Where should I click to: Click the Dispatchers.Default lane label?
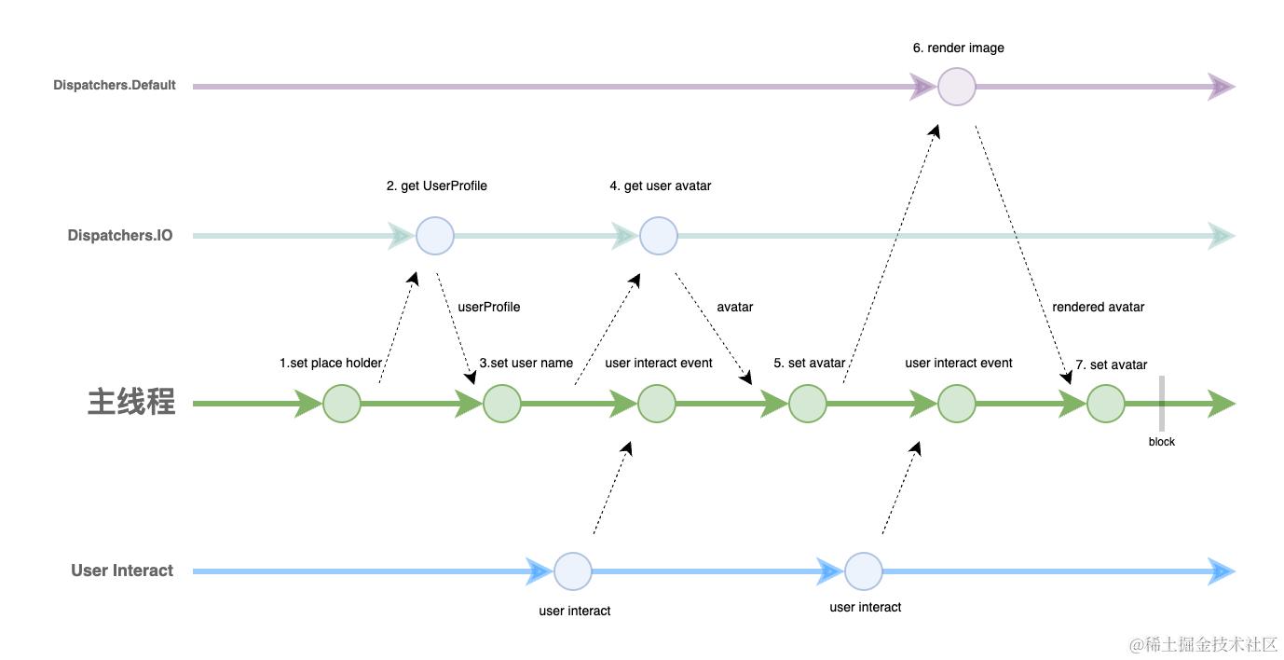115,86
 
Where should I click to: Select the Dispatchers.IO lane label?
120,236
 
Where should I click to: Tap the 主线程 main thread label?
131,402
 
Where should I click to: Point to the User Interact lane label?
122,571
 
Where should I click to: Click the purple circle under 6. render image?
956,87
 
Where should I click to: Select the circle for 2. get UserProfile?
434,236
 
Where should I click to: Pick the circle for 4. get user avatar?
658,236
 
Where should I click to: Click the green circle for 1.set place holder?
342,404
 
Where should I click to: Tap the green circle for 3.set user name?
502,404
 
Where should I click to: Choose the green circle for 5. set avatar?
807,404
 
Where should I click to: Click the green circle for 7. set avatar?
1106,404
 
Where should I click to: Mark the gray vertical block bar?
1162,404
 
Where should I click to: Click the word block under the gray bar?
1161,442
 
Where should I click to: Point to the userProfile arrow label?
489,307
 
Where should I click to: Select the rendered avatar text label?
1098,307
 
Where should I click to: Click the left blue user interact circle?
573,571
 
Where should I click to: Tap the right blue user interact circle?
864,571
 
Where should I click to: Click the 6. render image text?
958,48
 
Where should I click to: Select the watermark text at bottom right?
1203,644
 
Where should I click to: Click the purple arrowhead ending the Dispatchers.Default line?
1222,87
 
